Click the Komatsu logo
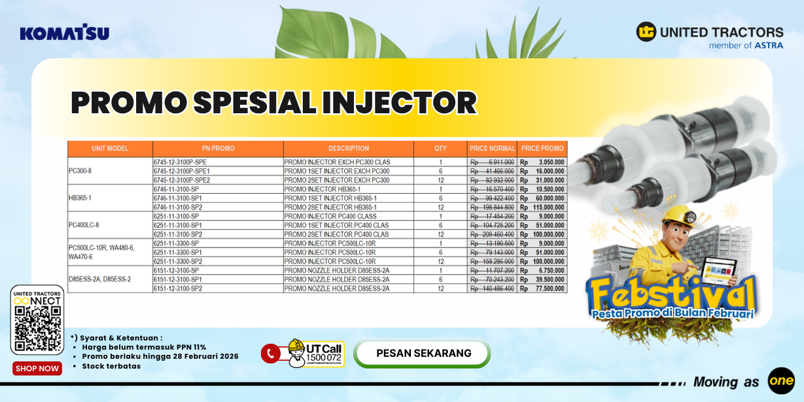[x=64, y=33]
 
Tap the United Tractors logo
[x=709, y=35]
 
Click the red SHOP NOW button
[x=37, y=369]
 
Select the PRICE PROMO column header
[x=542, y=149]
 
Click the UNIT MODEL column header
[x=110, y=149]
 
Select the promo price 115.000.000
[x=545, y=207]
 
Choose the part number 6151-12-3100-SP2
[x=177, y=288]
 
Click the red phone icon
[x=270, y=354]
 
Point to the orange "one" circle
[x=781, y=381]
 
